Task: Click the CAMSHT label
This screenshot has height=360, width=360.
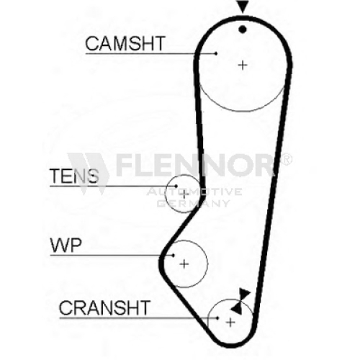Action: (x=125, y=43)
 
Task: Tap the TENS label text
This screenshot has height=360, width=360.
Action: (x=74, y=176)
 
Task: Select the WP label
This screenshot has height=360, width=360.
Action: (x=66, y=245)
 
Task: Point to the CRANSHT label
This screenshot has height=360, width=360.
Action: (x=104, y=308)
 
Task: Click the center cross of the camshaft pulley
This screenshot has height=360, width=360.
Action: (x=243, y=65)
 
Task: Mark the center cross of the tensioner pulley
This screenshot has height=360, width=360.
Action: (x=184, y=194)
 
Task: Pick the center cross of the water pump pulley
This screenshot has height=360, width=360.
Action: (x=184, y=264)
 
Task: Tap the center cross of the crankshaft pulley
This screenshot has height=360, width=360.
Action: (x=230, y=323)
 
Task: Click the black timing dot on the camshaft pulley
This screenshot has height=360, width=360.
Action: (x=243, y=30)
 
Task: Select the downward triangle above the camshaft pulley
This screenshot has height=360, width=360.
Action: (x=243, y=6)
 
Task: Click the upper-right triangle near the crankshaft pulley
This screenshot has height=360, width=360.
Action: (x=244, y=294)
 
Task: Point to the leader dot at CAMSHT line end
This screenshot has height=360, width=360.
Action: (x=216, y=53)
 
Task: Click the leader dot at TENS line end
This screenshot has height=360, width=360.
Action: (x=176, y=186)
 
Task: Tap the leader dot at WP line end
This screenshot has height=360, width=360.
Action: (x=173, y=255)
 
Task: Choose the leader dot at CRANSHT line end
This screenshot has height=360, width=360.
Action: (x=217, y=318)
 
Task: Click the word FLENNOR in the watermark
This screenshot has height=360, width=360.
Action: (x=195, y=165)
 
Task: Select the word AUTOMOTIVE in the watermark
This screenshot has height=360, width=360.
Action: (x=194, y=192)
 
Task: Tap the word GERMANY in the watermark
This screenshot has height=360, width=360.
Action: (x=194, y=204)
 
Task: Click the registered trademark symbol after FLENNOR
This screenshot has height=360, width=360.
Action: (x=286, y=159)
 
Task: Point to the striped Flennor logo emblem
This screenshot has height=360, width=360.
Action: (x=89, y=174)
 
